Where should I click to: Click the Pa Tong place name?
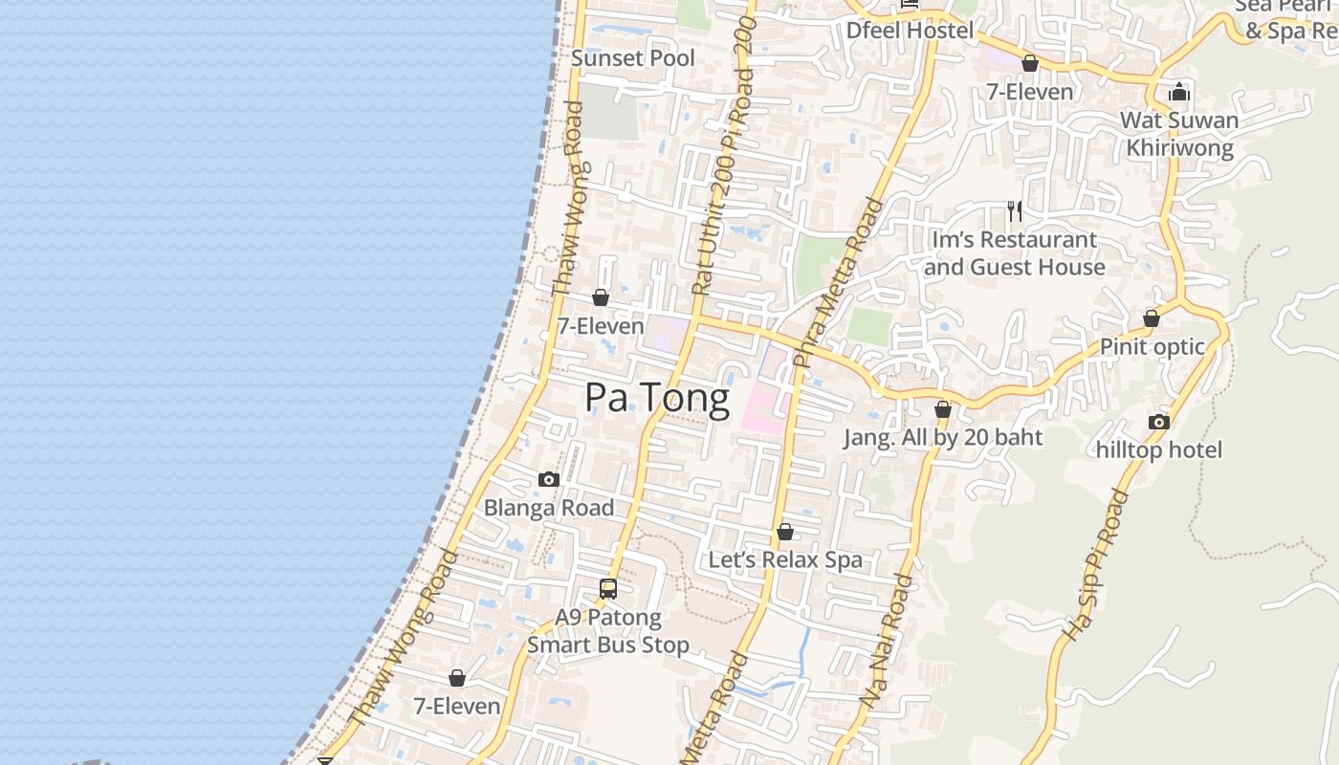point(657,397)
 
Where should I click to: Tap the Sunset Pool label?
point(633,58)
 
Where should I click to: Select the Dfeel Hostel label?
point(910,31)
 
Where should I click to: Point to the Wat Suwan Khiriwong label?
point(1179,134)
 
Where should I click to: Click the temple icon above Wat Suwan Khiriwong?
point(1179,92)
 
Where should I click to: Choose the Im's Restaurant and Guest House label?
point(1015,253)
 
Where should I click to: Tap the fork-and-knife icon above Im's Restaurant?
point(1015,210)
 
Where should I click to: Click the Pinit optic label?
point(1152,346)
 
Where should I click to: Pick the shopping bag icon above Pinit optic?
point(1152,318)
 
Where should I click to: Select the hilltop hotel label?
point(1159,449)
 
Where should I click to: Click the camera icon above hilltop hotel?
point(1159,422)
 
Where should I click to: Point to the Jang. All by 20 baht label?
point(943,438)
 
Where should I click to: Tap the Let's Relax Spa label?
point(785,559)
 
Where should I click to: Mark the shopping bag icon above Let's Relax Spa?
point(785,532)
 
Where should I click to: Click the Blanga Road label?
point(549,508)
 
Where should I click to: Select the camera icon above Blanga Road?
point(549,480)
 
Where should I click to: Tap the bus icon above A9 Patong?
point(608,589)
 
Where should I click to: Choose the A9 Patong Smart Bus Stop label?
point(608,631)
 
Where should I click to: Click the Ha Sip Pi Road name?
point(1097,564)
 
